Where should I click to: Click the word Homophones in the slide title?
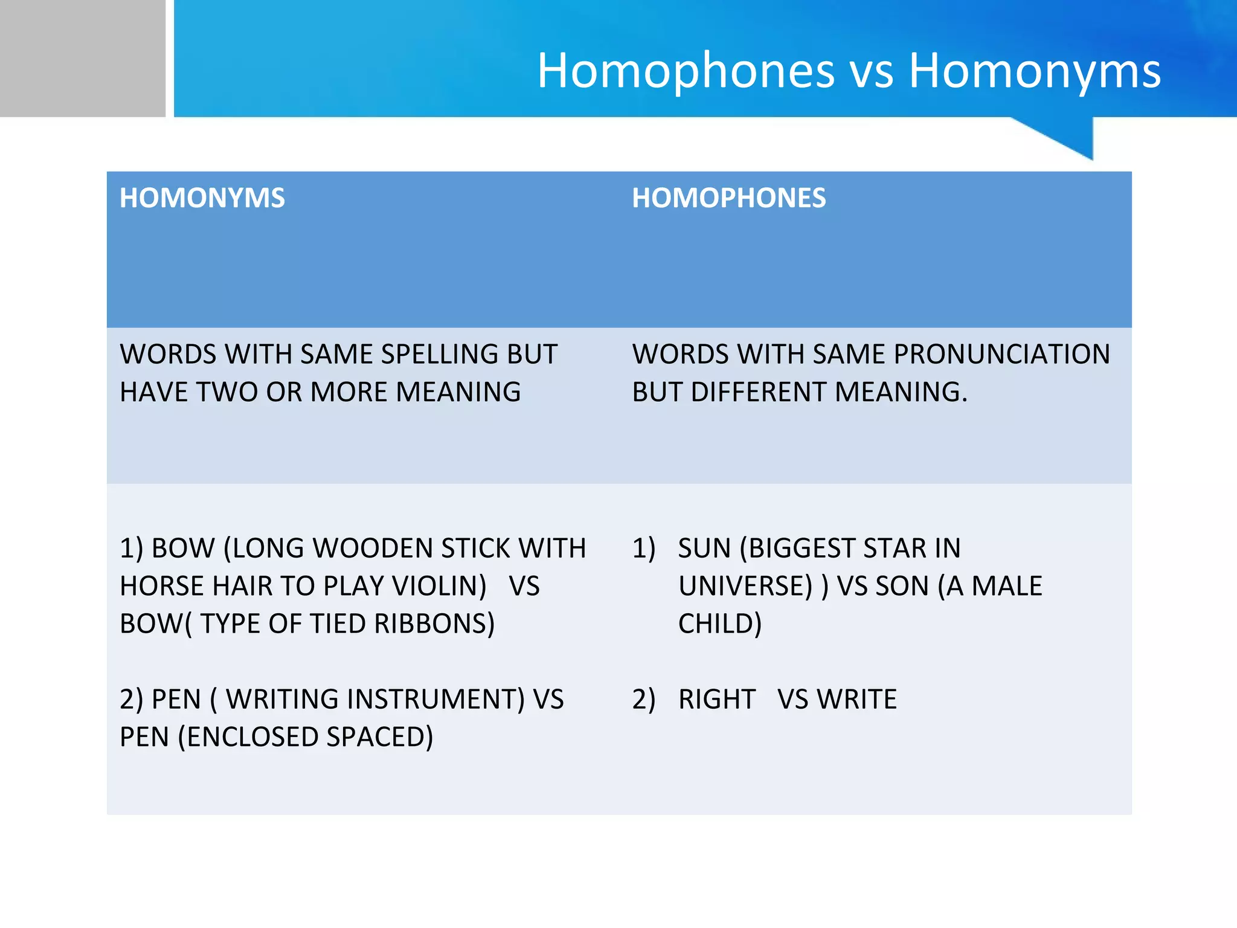pyautogui.click(x=686, y=71)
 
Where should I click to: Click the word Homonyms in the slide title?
pyautogui.click(x=1035, y=71)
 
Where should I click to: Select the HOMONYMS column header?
pyautogui.click(x=202, y=198)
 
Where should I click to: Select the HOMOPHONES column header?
pyautogui.click(x=728, y=198)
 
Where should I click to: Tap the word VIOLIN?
pyautogui.click(x=439, y=586)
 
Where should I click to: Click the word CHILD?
pyautogui.click(x=719, y=623)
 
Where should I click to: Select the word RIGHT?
pyautogui.click(x=717, y=699)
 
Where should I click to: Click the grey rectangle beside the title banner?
pyautogui.click(x=82, y=58)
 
